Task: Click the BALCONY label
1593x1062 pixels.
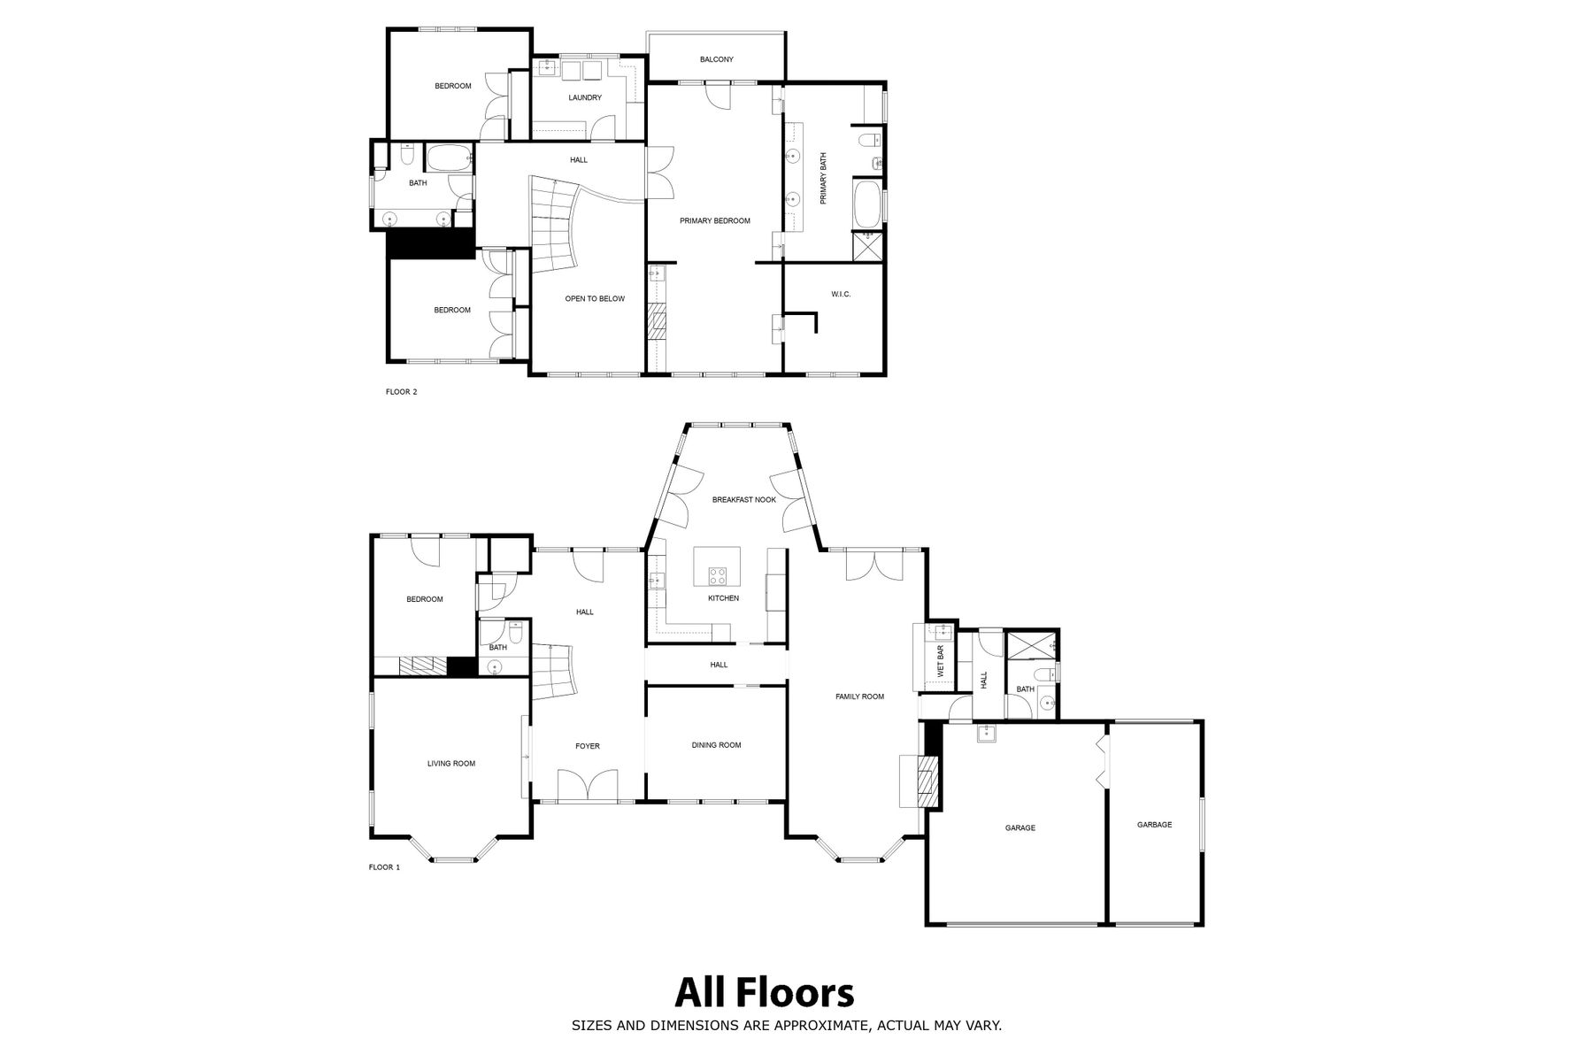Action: pyautogui.click(x=716, y=59)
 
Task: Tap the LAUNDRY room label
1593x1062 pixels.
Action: pyautogui.click(x=585, y=97)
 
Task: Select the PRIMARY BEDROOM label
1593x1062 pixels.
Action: pyautogui.click(x=715, y=220)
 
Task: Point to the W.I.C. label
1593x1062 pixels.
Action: pyautogui.click(x=841, y=294)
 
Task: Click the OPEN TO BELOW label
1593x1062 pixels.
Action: pyautogui.click(x=595, y=299)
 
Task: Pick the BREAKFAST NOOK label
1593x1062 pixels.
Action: pyautogui.click(x=744, y=500)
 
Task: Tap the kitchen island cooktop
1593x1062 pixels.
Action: pyautogui.click(x=718, y=576)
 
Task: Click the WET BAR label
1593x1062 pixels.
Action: pyautogui.click(x=941, y=662)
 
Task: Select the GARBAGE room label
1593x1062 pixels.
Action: pyautogui.click(x=1155, y=825)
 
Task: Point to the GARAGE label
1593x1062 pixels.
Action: pyautogui.click(x=1020, y=828)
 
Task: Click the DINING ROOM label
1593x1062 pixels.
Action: pyautogui.click(x=717, y=745)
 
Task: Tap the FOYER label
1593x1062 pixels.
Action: pyautogui.click(x=588, y=746)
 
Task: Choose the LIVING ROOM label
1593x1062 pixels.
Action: pyautogui.click(x=451, y=764)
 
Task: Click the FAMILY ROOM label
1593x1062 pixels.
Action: pyautogui.click(x=860, y=696)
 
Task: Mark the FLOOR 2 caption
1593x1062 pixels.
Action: pyautogui.click(x=401, y=392)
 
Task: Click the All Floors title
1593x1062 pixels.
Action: pyautogui.click(x=765, y=993)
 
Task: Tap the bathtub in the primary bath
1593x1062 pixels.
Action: pyautogui.click(x=866, y=204)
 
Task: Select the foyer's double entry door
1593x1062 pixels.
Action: pyautogui.click(x=588, y=784)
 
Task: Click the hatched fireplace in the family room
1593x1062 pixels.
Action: pyautogui.click(x=927, y=780)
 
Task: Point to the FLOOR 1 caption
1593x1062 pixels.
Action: pyautogui.click(x=384, y=867)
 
